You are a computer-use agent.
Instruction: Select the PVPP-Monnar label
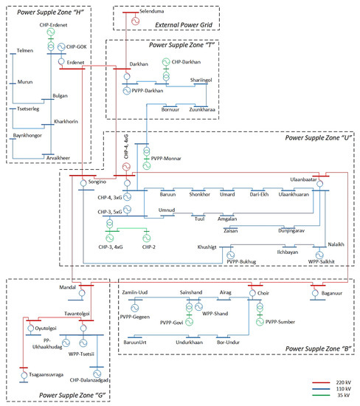[x=167, y=158]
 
